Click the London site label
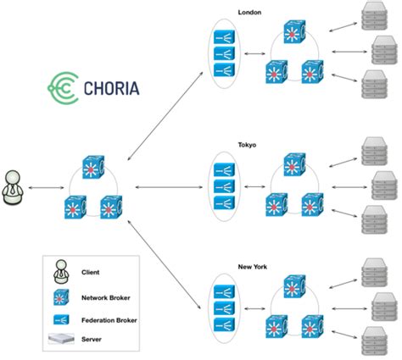tap(251, 13)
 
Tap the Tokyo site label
tap(248, 144)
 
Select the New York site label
tap(252, 267)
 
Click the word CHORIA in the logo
tap(114, 87)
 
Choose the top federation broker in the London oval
tap(224, 37)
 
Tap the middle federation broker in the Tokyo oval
tap(224, 186)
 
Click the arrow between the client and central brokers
tap(46, 186)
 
